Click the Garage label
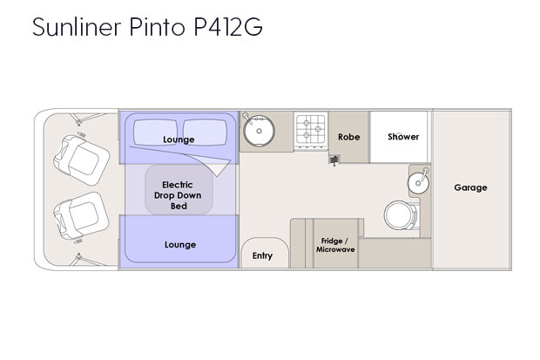point(470,187)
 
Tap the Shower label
point(403,137)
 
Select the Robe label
point(349,137)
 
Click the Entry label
point(262,255)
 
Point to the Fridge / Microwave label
point(335,245)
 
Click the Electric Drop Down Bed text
point(178,195)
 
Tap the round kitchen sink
point(259,131)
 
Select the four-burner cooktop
point(311,131)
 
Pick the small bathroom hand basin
point(418,182)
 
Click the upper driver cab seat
point(81,160)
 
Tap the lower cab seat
point(81,216)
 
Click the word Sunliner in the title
point(77,26)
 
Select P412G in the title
point(228,26)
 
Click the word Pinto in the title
point(158,26)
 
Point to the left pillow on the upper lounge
point(155,132)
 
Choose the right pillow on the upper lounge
point(205,132)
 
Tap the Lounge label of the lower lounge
point(180,244)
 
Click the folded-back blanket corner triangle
point(219,168)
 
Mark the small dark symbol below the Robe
point(334,160)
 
